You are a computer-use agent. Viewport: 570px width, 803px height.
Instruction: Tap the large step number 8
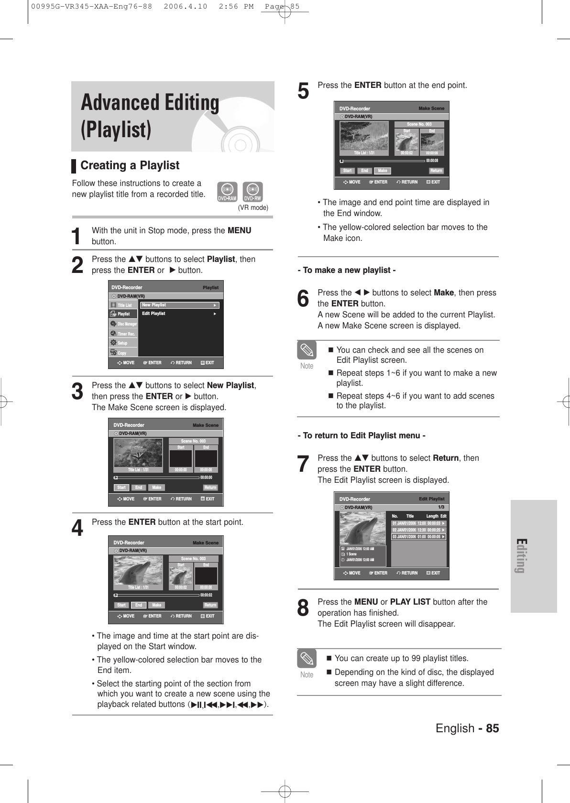[x=303, y=608]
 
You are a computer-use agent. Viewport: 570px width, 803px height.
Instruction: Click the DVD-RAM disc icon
[x=227, y=192]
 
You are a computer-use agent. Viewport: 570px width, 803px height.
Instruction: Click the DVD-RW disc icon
[x=252, y=192]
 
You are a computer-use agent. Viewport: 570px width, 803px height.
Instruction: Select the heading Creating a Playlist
[x=130, y=165]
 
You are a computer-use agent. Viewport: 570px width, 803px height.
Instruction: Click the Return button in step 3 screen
[x=210, y=488]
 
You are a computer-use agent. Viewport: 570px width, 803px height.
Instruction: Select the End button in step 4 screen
[x=138, y=605]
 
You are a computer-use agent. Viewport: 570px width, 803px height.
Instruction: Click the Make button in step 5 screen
[x=382, y=171]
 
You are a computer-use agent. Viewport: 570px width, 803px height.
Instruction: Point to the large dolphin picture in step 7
[x=362, y=528]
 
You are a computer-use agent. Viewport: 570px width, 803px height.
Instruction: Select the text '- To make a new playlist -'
[x=347, y=271]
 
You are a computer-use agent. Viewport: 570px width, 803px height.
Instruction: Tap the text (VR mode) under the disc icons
[x=253, y=207]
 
